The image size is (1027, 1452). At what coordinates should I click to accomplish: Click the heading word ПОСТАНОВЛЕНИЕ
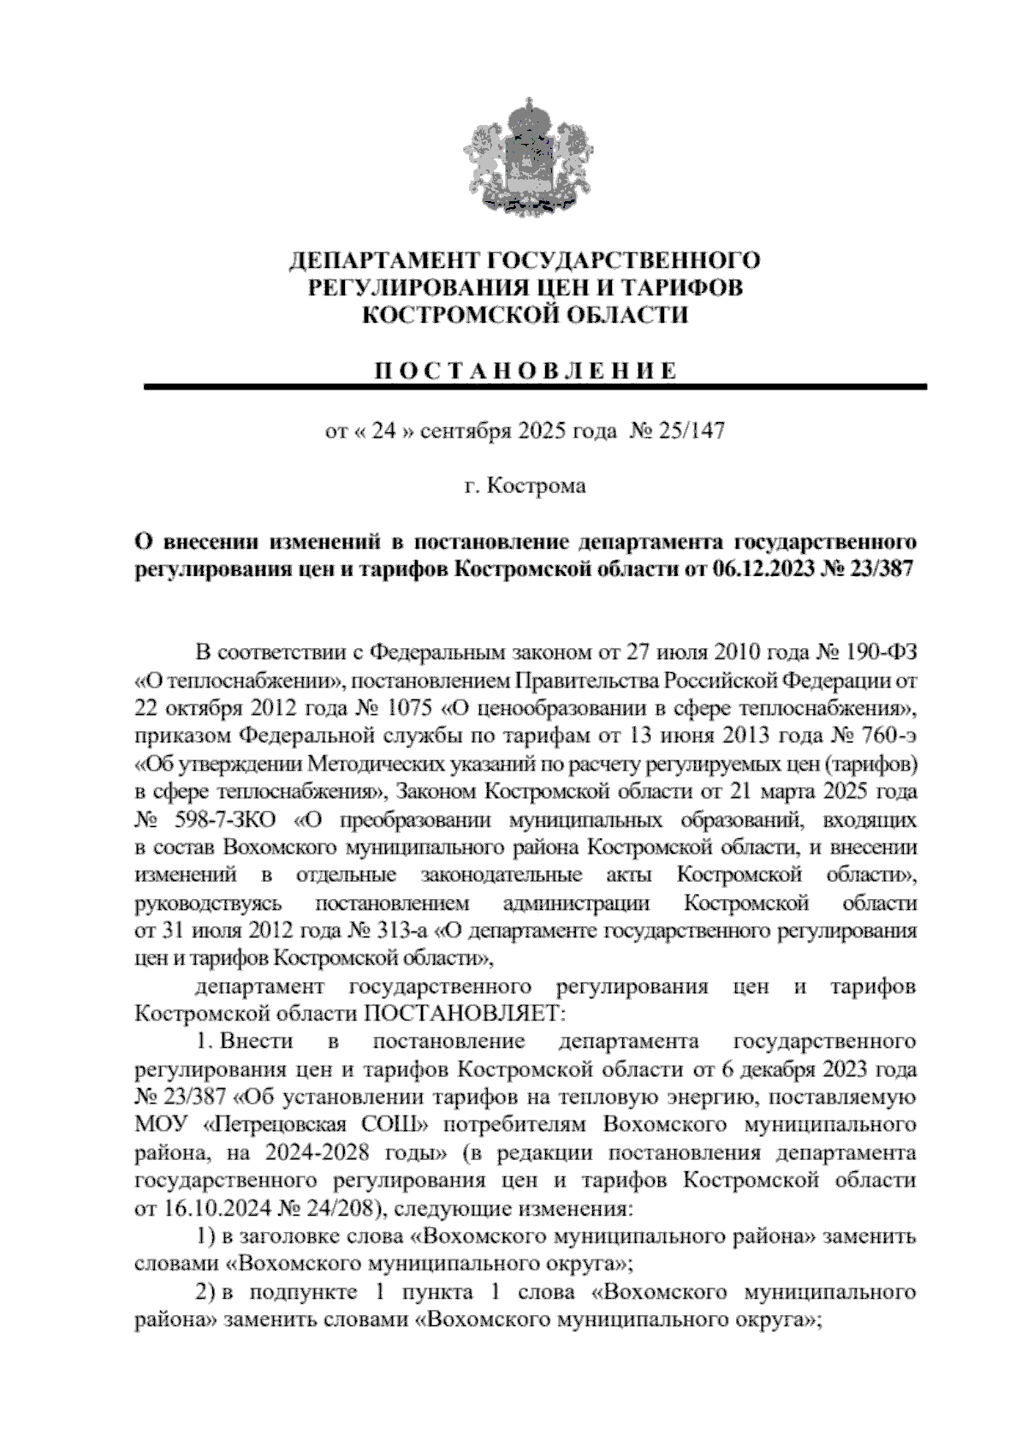[x=525, y=371]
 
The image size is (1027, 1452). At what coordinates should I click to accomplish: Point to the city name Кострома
[x=537, y=486]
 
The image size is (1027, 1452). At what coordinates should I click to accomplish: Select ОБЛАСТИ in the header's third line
[x=632, y=316]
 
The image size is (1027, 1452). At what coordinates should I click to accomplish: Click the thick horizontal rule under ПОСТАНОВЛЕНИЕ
[x=536, y=388]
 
